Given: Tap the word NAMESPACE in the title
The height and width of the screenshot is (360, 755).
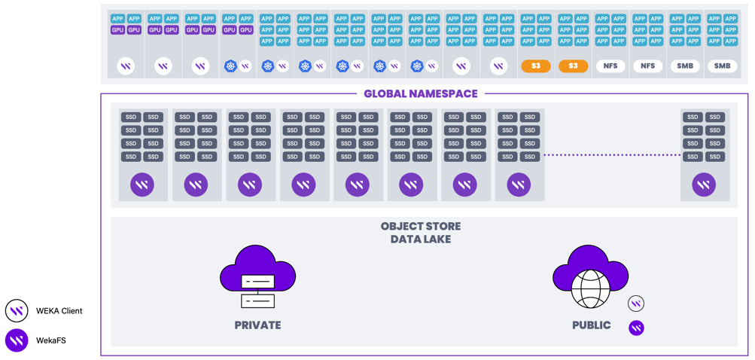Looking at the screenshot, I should click(x=447, y=94).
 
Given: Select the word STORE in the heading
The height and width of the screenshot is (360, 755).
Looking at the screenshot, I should click(x=444, y=226).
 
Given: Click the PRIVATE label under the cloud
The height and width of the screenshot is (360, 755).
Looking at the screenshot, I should click(x=257, y=325).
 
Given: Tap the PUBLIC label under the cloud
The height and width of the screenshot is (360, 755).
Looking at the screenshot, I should click(x=591, y=325).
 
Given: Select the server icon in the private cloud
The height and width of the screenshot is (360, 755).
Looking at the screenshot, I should click(x=257, y=291).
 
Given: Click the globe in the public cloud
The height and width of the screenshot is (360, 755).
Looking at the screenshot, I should click(x=591, y=288).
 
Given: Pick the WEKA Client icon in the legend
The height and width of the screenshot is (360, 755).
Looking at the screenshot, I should click(x=17, y=311).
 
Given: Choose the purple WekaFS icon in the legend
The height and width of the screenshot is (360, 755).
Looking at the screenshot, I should click(x=17, y=340).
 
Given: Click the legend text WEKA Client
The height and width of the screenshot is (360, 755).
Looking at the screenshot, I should click(x=59, y=311).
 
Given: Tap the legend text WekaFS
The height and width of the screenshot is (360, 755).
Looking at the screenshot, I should click(x=51, y=340).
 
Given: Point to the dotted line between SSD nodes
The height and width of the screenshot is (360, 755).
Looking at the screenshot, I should click(x=611, y=155).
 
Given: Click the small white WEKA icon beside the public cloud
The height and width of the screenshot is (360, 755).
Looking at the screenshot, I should click(x=636, y=304).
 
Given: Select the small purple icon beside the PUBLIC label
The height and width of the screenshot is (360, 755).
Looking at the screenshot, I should click(x=636, y=328).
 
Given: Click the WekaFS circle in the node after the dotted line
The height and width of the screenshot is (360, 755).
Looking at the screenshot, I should click(x=704, y=185).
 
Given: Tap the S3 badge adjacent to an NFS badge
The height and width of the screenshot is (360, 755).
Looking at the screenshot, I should click(x=573, y=66).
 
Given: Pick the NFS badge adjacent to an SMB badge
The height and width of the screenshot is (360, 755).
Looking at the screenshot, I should click(x=647, y=66).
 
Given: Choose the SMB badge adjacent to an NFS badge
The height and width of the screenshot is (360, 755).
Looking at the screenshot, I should click(x=685, y=66).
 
